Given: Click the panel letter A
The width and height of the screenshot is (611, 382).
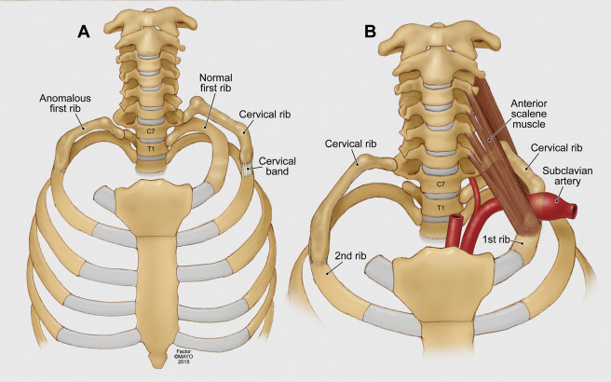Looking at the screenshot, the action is click(x=84, y=32).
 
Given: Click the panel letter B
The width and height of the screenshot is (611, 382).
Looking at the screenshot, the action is click(x=370, y=32).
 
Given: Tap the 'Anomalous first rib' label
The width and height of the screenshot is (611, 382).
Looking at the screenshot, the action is click(x=65, y=103).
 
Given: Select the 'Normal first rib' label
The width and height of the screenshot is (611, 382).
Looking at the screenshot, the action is click(x=215, y=83).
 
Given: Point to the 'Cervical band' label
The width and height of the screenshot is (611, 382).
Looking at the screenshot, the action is click(x=277, y=166).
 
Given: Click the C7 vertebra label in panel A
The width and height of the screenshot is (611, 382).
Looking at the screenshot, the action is click(x=151, y=131).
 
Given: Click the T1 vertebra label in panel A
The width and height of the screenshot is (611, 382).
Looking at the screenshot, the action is click(x=151, y=148).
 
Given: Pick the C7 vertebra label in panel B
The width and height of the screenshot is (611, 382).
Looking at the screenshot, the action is click(x=441, y=184).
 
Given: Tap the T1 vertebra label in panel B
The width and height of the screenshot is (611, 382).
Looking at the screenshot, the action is click(x=441, y=208).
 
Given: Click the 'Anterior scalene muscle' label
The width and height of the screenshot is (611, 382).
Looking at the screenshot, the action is click(x=529, y=114).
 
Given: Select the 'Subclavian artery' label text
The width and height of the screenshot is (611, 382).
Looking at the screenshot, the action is click(x=567, y=176).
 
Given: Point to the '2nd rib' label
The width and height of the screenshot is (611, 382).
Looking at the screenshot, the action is click(x=350, y=255).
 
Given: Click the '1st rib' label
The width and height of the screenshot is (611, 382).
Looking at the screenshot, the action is click(x=496, y=239).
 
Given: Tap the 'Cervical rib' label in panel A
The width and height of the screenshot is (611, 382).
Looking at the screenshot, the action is click(x=265, y=115).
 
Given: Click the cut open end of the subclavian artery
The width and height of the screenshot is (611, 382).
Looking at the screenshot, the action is click(x=573, y=211).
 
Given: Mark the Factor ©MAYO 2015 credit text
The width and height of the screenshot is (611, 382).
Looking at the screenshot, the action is click(x=183, y=356).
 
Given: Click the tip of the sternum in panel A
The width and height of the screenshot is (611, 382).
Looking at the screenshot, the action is click(x=157, y=365).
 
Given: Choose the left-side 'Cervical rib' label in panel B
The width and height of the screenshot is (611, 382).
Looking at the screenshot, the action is click(x=351, y=143).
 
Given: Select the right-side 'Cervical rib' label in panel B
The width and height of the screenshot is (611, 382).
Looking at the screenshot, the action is click(x=556, y=148).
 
